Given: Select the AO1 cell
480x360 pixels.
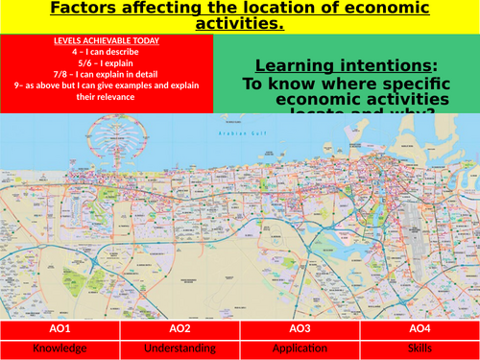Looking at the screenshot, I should tap(60, 328).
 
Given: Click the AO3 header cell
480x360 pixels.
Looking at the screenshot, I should tap(300, 328).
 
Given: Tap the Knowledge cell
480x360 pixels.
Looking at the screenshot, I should tap(60, 348).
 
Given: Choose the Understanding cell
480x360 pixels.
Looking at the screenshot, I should tap(180, 348).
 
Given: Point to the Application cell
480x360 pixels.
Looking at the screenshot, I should tap(300, 348).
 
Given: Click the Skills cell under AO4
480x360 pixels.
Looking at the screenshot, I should tap(420, 348).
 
